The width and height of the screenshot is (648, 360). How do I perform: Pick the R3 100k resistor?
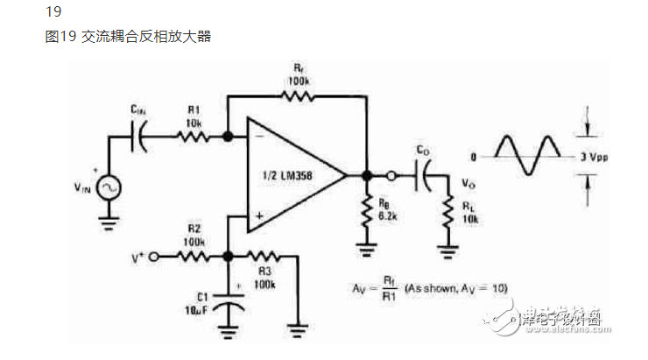point(264,258)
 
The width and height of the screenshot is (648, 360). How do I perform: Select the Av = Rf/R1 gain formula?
point(421,288)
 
